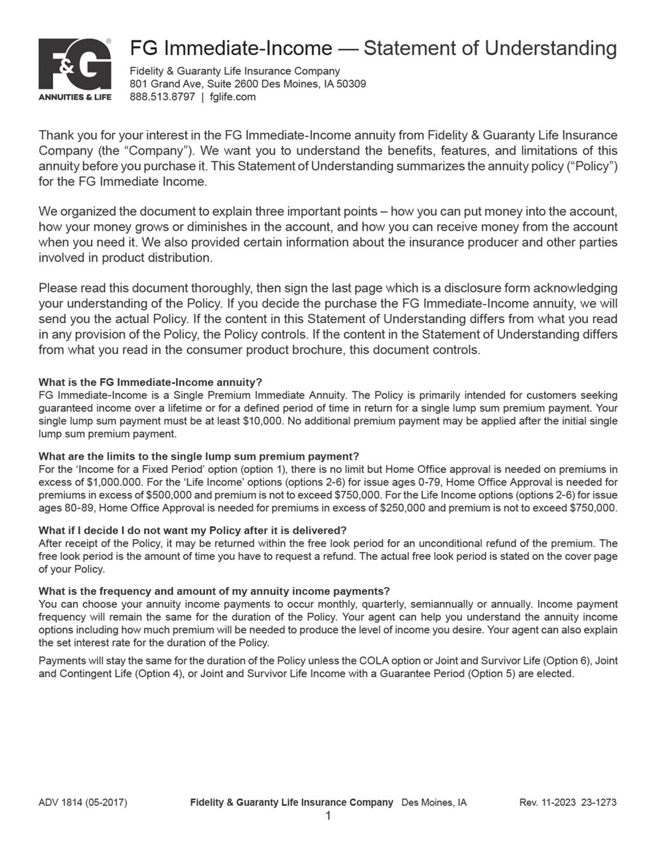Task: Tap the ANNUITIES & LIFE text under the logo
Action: tap(74, 97)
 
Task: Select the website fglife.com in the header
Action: tap(232, 97)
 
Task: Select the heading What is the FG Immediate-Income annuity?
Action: tap(150, 382)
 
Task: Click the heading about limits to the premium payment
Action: tap(198, 456)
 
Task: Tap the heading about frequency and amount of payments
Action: tap(214, 591)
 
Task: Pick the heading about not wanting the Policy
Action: tap(192, 531)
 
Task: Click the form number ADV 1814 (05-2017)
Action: tap(83, 803)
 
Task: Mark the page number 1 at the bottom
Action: tap(328, 816)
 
